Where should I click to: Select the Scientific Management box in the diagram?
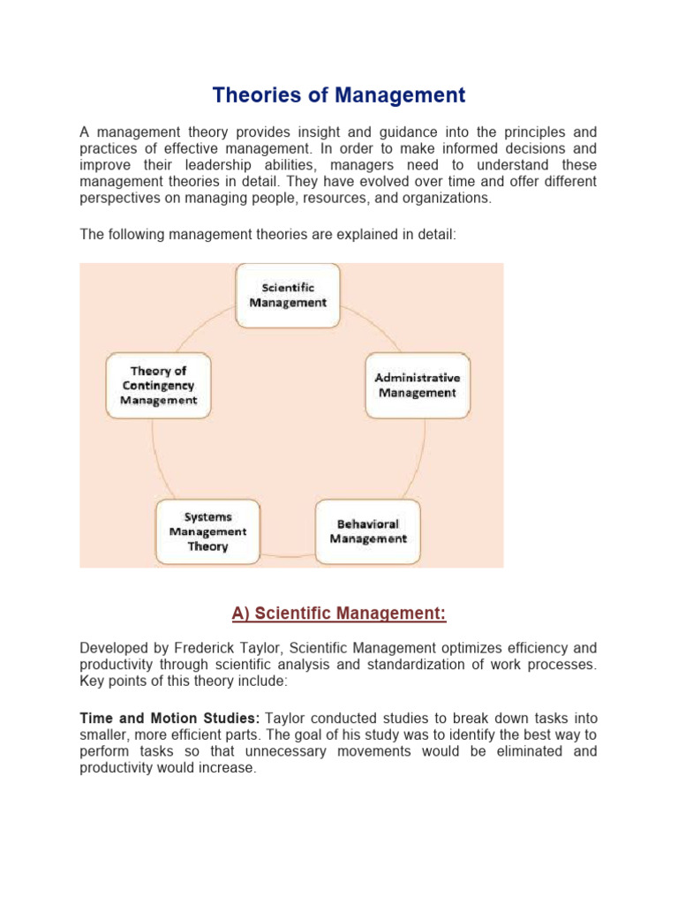[x=287, y=295]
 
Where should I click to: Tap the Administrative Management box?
[x=418, y=385]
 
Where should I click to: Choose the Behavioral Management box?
[x=368, y=531]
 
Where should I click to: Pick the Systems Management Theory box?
[x=207, y=531]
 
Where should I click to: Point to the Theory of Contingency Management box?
[x=158, y=385]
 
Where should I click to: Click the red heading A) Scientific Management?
[x=338, y=613]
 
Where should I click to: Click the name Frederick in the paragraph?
[x=204, y=649]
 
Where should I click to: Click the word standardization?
[x=399, y=666]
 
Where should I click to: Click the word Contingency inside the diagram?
[x=158, y=385]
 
